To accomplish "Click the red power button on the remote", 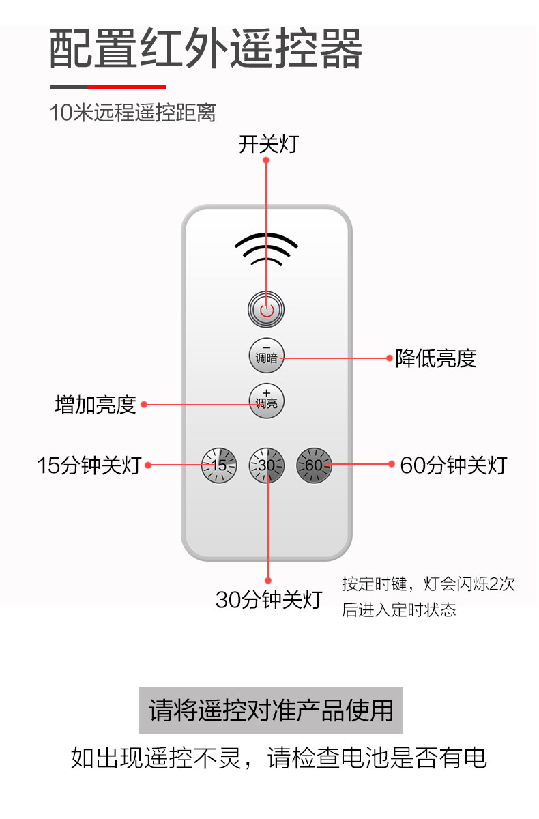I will pos(266,310).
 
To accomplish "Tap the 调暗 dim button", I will pos(266,356).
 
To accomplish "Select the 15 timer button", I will pos(219,465).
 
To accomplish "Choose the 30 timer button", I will pos(266,465).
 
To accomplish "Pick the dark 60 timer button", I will pos(314,465).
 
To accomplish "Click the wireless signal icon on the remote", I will pos(266,250).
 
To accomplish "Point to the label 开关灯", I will pos(268,145).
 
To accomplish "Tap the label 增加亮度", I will pos(96,405).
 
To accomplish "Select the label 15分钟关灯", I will pos(89,465).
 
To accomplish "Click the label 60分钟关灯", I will pos(453,465).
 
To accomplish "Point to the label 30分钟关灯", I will pos(268,600).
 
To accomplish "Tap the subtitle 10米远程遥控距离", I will pos(132,113).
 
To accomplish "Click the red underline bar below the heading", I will pos(127,87).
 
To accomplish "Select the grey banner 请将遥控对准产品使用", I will pos(271,710).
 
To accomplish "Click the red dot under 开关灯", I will pos(266,161).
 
